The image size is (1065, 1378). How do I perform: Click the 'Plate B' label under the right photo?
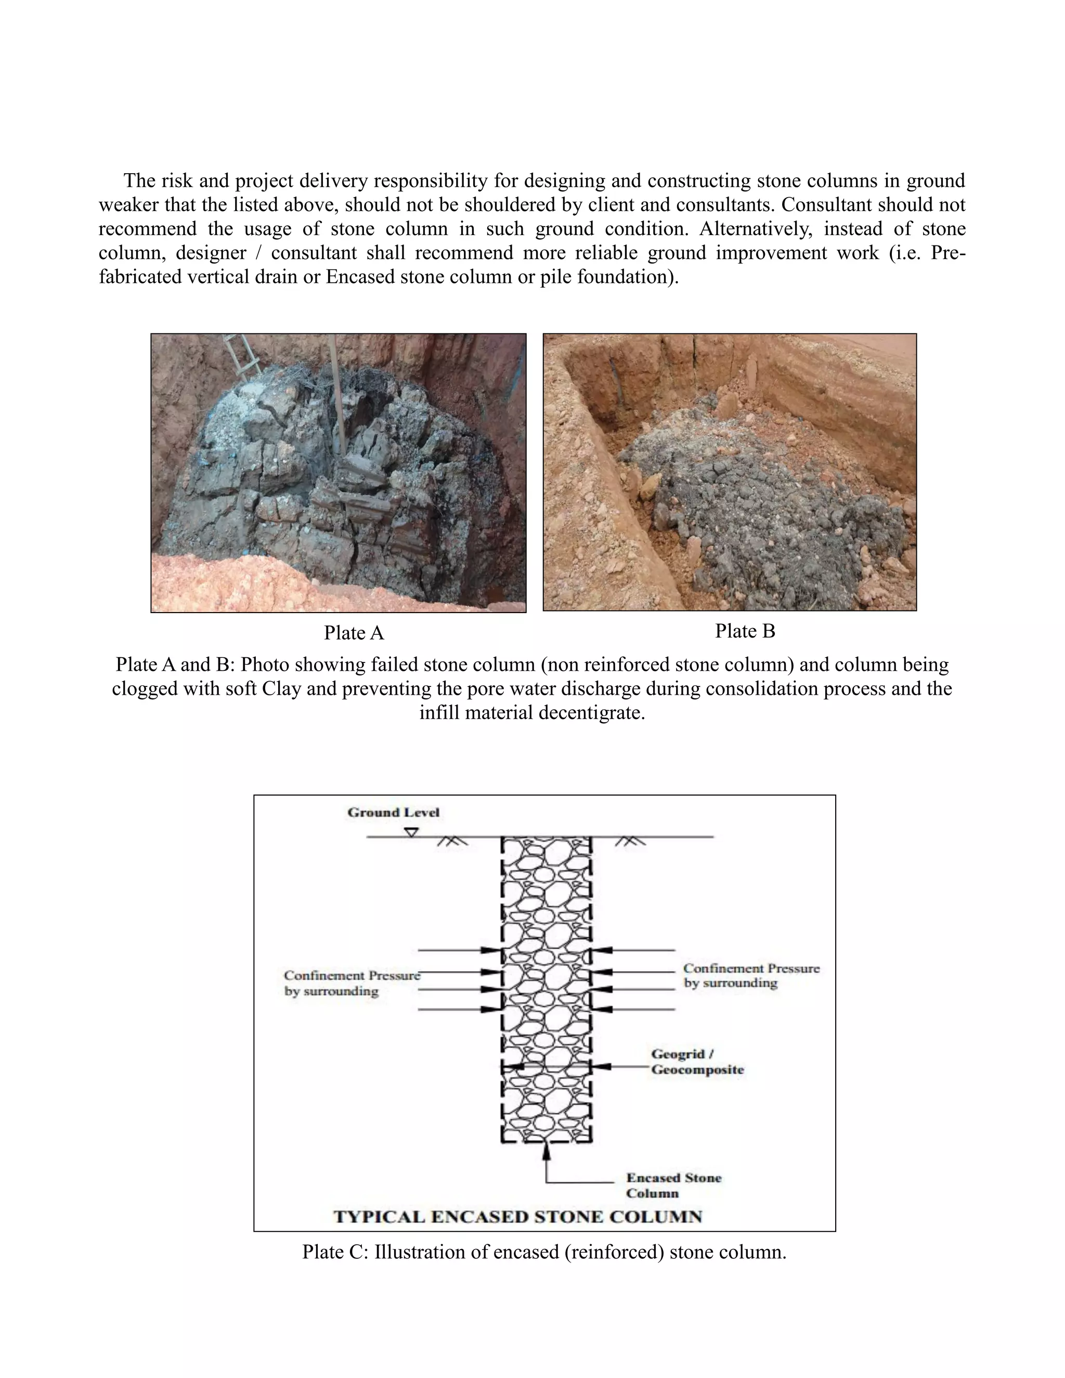point(745,631)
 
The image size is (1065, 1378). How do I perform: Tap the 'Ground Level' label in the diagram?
point(393,813)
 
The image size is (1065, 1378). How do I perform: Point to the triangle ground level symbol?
point(411,832)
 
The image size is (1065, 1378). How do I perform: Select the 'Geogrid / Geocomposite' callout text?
point(697,1062)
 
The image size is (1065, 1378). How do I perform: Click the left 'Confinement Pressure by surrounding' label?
point(351,983)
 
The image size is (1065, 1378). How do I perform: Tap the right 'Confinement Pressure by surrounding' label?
point(751,976)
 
